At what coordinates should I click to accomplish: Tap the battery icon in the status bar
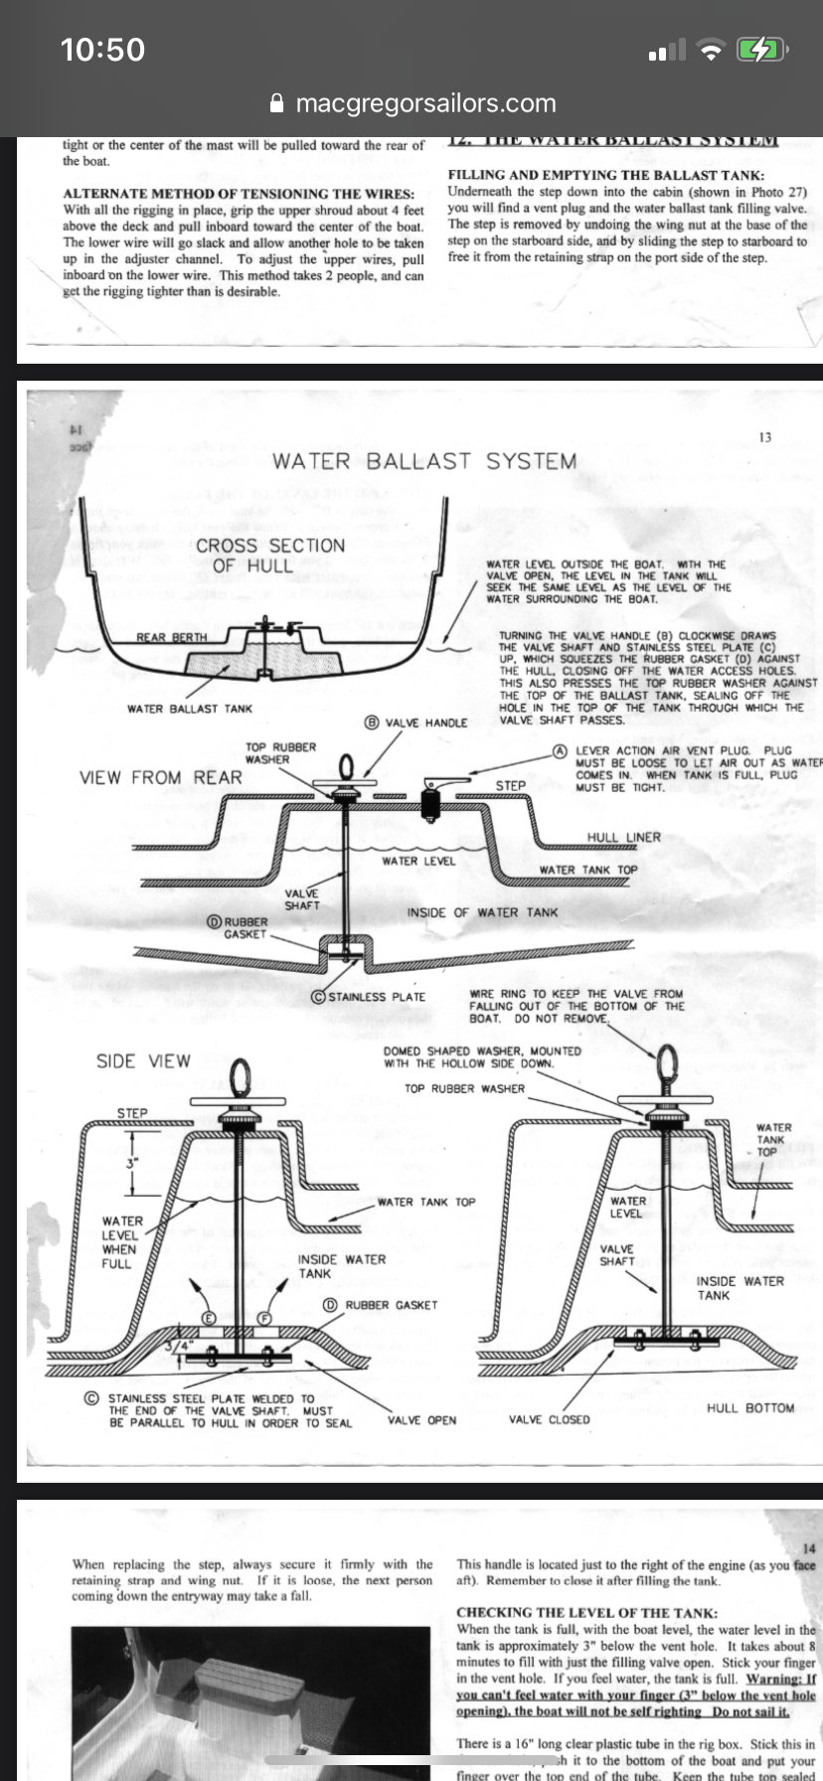(761, 49)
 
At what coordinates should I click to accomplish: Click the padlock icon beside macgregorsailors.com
(278, 103)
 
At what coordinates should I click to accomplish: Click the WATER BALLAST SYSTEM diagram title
(424, 461)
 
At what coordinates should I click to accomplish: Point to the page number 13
(764, 437)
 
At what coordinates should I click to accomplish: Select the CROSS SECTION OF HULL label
(269, 555)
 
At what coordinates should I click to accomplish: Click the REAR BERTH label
(172, 637)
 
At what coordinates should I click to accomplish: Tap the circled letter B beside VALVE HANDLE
(373, 723)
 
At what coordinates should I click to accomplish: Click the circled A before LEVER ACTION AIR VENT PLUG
(561, 750)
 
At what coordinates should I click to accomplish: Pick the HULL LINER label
(623, 837)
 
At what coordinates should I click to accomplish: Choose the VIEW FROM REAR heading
(161, 777)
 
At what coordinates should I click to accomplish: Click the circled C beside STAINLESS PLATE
(319, 997)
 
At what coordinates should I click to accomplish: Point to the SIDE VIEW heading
(143, 1060)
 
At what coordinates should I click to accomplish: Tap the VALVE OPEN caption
(421, 1420)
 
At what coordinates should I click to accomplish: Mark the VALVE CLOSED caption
(549, 1420)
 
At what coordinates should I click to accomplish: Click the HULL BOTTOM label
(750, 1407)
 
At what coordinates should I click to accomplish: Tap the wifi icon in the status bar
(711, 50)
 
